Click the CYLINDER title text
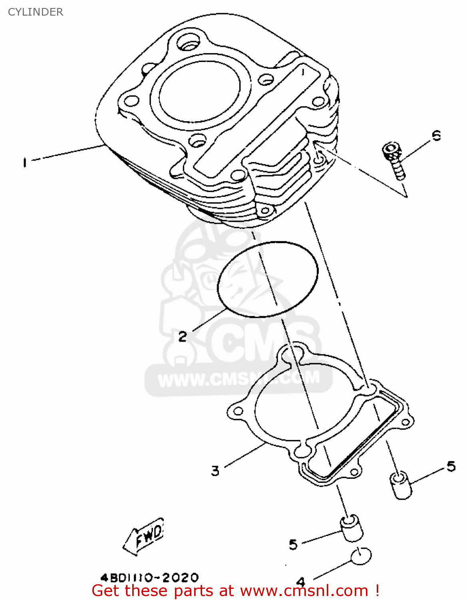click(36, 12)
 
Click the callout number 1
click(25, 162)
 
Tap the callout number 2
click(183, 336)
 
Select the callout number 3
click(215, 471)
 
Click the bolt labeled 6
click(394, 161)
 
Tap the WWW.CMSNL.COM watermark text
click(239, 378)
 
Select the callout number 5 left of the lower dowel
click(293, 544)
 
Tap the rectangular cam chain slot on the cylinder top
click(256, 122)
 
